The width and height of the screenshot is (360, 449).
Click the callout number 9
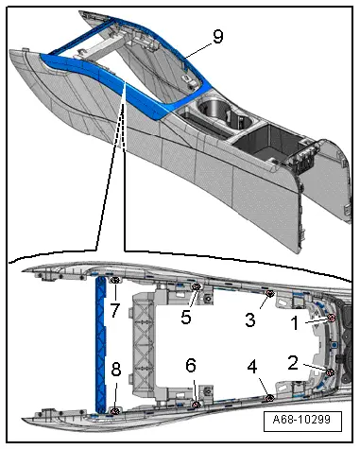tap(218, 36)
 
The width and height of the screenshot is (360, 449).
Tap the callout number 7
tap(115, 310)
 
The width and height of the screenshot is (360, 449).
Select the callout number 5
tap(186, 317)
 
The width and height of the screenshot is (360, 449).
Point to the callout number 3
tap(250, 319)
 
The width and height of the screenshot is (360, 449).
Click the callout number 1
tap(295, 323)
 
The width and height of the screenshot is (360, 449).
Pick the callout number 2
tap(293, 363)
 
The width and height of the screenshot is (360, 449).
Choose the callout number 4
tap(252, 367)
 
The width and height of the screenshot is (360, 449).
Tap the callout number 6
tap(191, 366)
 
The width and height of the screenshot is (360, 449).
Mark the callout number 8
tap(116, 370)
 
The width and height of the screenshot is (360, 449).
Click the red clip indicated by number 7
tap(115, 280)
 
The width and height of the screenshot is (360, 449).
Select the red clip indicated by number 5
tap(197, 286)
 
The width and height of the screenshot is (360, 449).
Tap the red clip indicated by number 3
tap(269, 294)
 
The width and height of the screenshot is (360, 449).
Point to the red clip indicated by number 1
tap(331, 319)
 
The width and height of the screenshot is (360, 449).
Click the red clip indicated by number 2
tap(331, 372)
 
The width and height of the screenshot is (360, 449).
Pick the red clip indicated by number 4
tap(269, 398)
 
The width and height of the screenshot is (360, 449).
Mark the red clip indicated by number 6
tap(197, 405)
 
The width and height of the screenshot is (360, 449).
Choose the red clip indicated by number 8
tap(115, 410)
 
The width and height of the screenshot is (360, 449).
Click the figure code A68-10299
tap(301, 420)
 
